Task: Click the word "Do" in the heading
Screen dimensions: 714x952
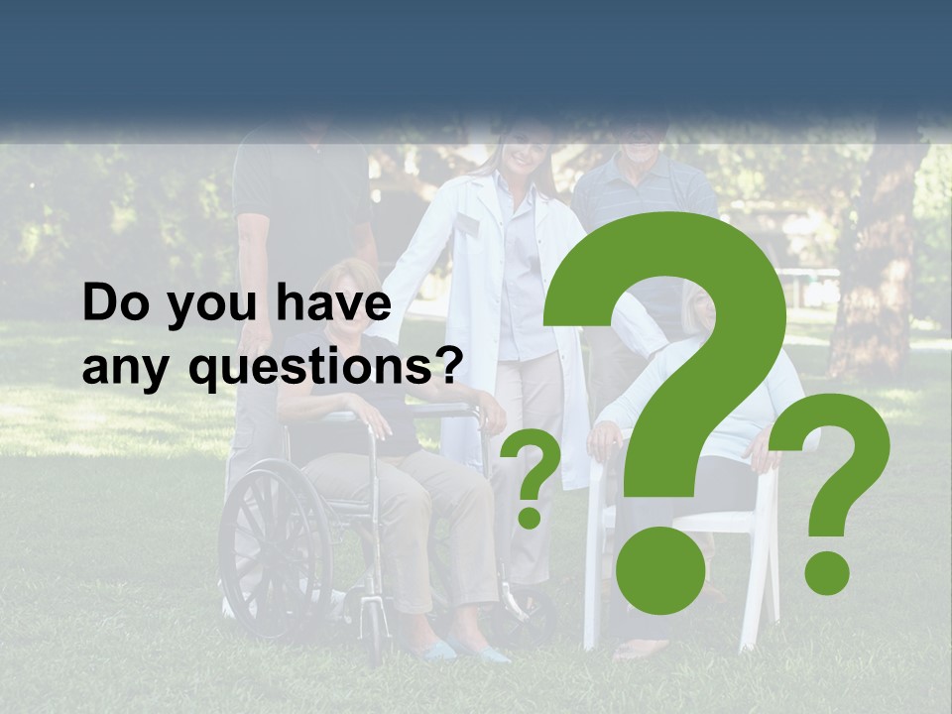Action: (112, 304)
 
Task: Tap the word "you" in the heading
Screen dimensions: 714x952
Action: (198, 307)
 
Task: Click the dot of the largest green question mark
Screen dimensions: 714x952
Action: (659, 569)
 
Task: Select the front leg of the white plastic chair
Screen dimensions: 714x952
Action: (593, 595)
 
